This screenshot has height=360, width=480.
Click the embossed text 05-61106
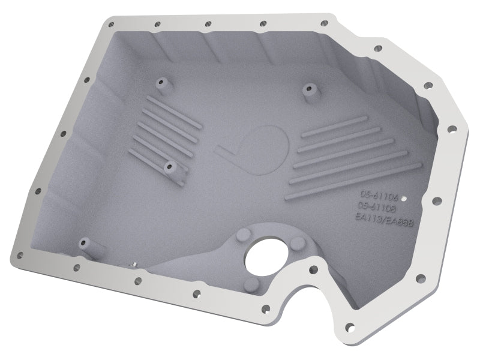378,195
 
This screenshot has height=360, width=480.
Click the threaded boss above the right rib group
308,90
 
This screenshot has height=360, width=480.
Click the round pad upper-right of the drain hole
295,242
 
